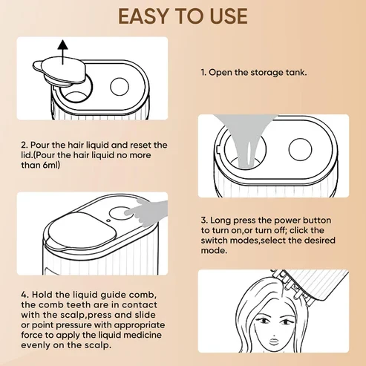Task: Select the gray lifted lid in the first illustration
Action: coord(59,71)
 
